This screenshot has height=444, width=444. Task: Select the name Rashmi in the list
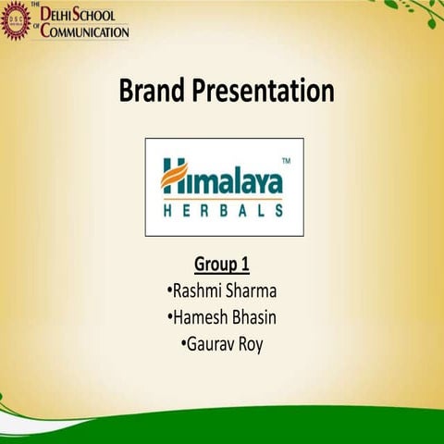(196, 292)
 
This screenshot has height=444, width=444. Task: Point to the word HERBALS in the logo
(223, 211)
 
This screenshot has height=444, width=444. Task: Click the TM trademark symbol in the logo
(285, 161)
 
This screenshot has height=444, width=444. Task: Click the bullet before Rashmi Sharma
(168, 292)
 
